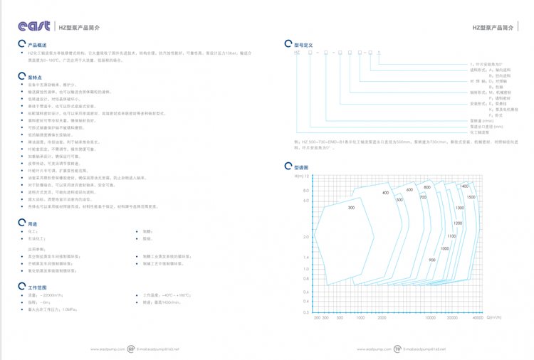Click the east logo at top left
34,26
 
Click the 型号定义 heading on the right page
304,44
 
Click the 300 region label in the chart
351,208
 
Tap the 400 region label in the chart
385,193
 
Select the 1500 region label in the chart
471,196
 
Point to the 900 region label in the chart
432,260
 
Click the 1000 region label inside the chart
444,248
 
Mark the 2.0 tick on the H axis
306,237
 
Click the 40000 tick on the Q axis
478,318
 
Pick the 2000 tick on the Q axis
382,318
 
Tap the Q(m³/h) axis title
494,318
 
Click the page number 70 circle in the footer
397,349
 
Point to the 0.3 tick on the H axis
306,312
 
